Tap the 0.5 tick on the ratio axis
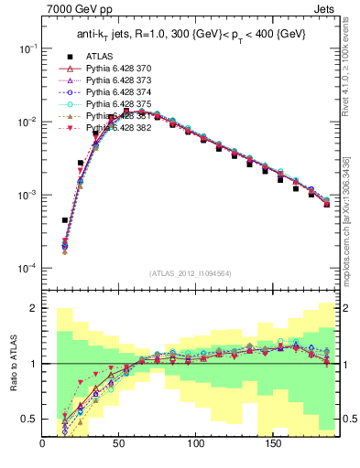[x=32, y=419]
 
